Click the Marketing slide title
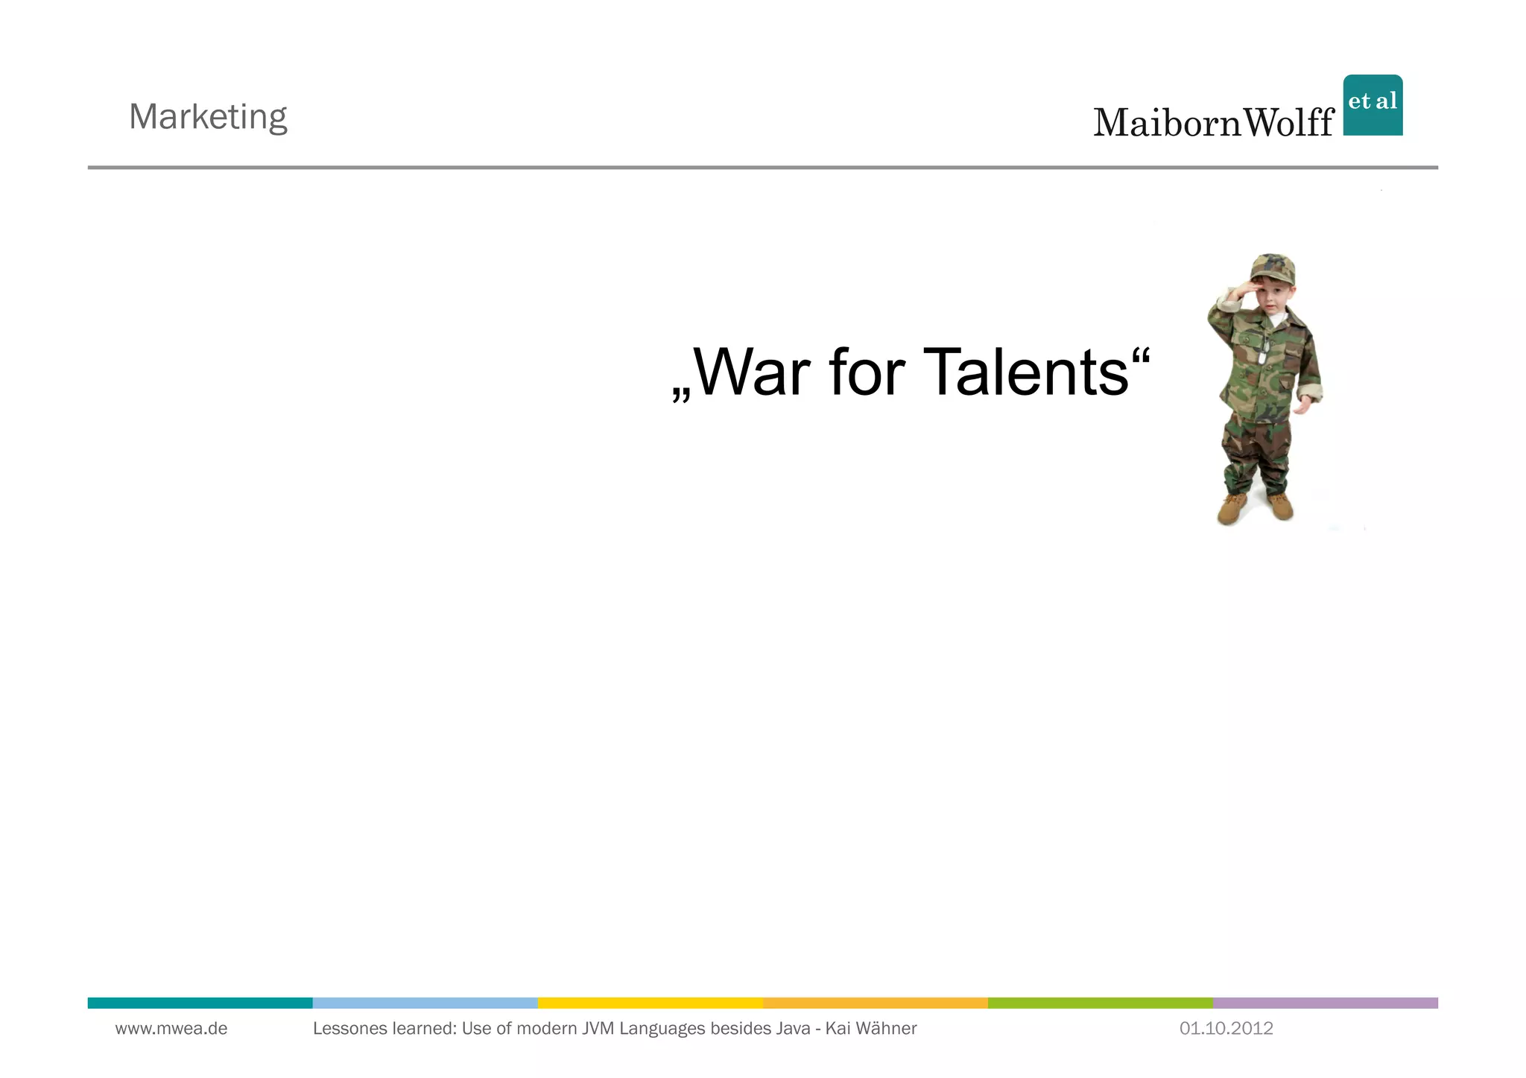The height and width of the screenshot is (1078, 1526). tap(208, 117)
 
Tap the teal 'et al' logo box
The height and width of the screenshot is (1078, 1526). tap(1373, 105)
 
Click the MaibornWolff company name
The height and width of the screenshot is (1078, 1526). tap(1213, 123)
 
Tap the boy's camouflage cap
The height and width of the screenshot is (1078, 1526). tap(1273, 269)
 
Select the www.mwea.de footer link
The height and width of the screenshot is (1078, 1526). tap(171, 1029)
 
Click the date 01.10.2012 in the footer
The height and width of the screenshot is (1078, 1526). tap(1226, 1029)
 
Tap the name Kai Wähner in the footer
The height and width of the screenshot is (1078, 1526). tap(871, 1029)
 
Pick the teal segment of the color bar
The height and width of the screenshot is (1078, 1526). tap(200, 1003)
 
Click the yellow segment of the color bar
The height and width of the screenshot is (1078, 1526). tap(650, 1003)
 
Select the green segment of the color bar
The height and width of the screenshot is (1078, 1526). tap(1100, 1003)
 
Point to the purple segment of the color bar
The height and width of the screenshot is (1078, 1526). tap(1325, 1003)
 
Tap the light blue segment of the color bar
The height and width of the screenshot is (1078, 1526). tap(425, 1003)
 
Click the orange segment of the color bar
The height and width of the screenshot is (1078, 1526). tap(875, 1003)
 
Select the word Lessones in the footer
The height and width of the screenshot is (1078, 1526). tap(346, 1029)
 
